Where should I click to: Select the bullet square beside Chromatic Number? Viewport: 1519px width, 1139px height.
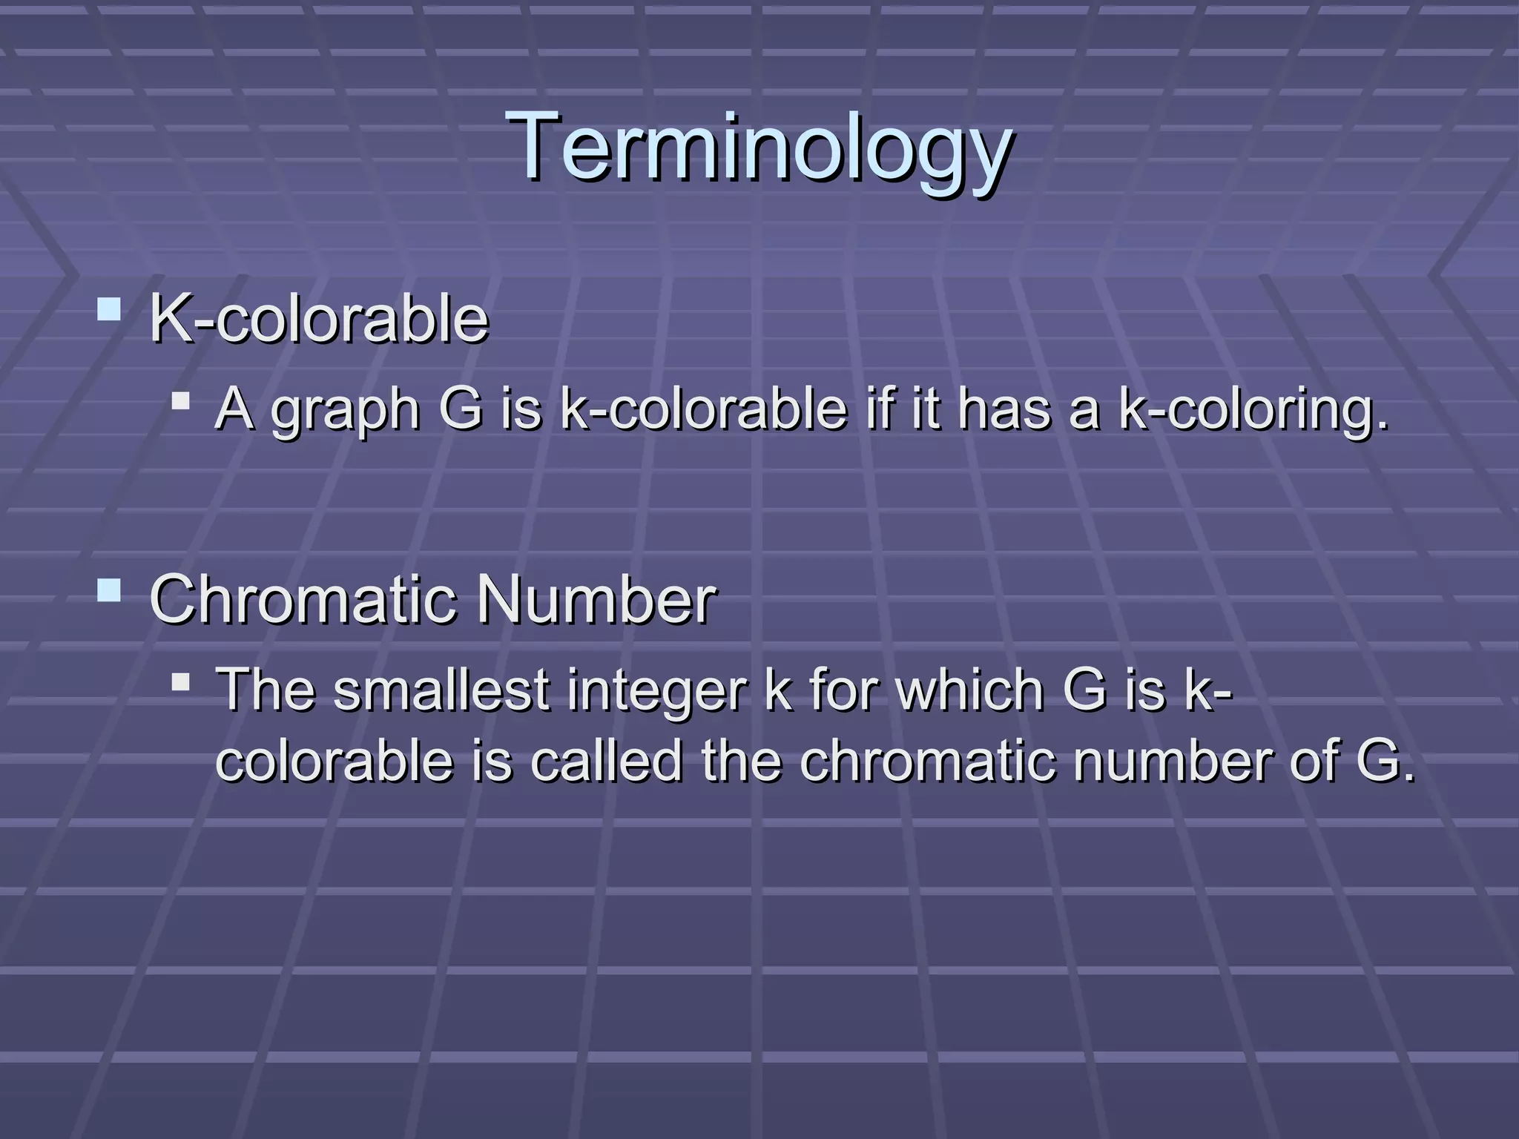[x=109, y=590]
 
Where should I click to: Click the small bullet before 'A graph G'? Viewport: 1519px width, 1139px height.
[x=180, y=401]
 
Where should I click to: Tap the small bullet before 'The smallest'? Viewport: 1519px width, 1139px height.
[x=180, y=681]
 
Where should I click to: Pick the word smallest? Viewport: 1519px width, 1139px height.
[x=441, y=690]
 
